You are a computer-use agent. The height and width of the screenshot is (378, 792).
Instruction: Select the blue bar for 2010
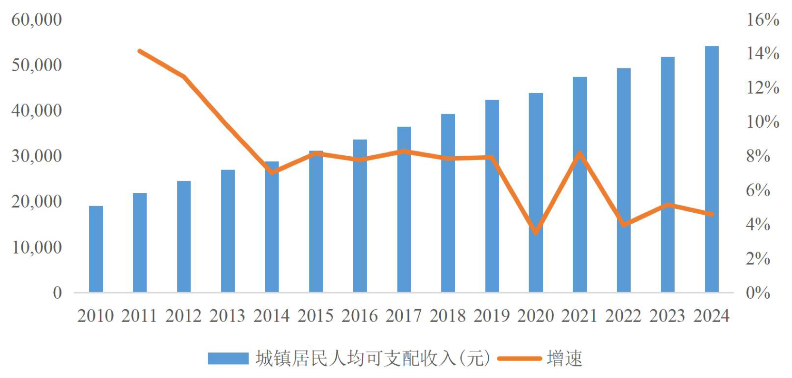[x=96, y=249]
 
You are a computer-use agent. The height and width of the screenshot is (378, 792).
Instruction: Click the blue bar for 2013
[x=228, y=231]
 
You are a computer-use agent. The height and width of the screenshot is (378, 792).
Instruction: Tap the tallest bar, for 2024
[x=711, y=169]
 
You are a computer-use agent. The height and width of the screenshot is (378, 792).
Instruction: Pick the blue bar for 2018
[x=448, y=203]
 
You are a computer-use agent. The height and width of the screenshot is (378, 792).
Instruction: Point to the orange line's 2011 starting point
[x=139, y=51]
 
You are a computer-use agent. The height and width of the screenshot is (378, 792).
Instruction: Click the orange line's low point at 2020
[x=536, y=233]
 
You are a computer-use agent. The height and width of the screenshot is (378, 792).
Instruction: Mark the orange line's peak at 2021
[x=580, y=153]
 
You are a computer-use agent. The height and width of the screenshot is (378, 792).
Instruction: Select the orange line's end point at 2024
[x=712, y=215]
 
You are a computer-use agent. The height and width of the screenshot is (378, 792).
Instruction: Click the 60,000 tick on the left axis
[x=37, y=19]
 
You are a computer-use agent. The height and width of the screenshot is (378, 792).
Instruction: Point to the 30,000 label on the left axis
[x=37, y=156]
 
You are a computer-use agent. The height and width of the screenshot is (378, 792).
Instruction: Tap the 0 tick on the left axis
[x=57, y=293]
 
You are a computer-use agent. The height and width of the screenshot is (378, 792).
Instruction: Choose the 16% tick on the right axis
[x=763, y=19]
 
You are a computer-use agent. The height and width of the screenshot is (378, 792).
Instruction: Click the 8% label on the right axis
[x=758, y=156]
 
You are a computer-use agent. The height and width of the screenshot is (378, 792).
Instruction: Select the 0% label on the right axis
[x=758, y=293]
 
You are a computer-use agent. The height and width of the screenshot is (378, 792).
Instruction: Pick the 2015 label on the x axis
[x=316, y=316]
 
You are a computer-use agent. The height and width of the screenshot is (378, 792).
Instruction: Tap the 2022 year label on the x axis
[x=623, y=316]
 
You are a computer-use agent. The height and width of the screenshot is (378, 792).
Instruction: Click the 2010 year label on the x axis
[x=96, y=316]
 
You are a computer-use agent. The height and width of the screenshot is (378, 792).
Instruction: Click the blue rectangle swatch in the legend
[x=228, y=359]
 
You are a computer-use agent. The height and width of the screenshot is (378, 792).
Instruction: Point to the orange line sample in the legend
[x=519, y=359]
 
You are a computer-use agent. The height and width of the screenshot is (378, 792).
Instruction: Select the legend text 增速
[x=564, y=359]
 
